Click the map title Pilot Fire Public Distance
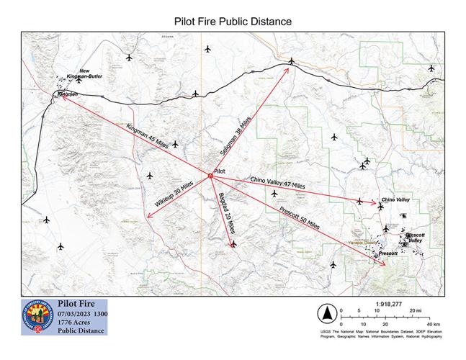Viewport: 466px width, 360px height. [233, 21]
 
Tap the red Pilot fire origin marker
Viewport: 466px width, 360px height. [210, 176]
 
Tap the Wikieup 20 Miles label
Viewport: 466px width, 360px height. [174, 196]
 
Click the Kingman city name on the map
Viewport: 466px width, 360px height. [68, 94]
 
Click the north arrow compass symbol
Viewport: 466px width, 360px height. [326, 313]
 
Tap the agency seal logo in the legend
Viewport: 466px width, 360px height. [37, 317]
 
